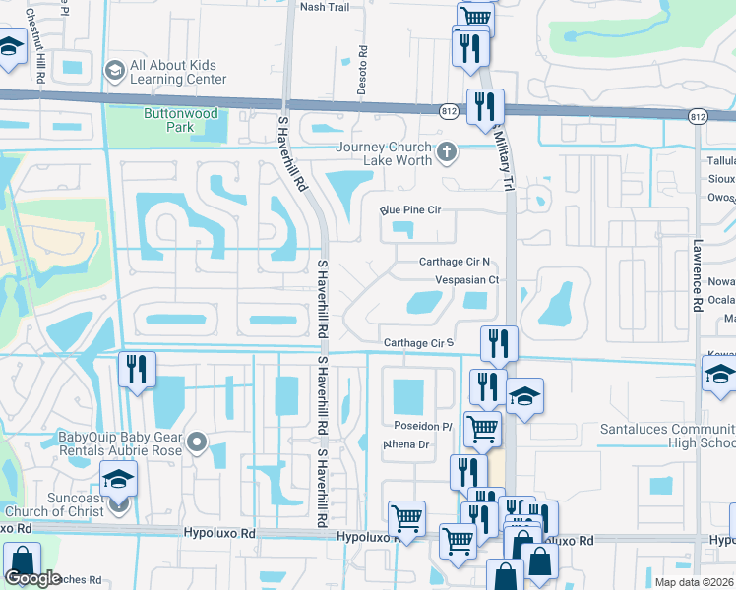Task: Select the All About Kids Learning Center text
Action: [x=178, y=72]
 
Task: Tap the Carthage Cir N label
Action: [x=454, y=262]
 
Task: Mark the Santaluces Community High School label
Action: [x=669, y=437]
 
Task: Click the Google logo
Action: [x=32, y=578]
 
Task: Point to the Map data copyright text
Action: [x=695, y=582]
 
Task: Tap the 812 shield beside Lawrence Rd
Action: [x=698, y=117]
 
